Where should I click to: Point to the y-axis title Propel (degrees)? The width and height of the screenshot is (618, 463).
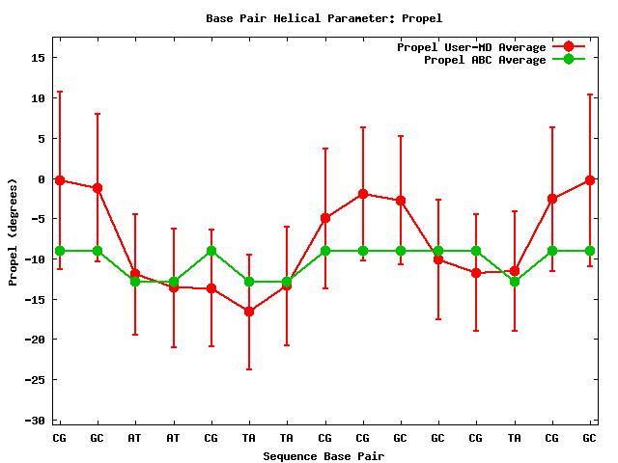point(13,231)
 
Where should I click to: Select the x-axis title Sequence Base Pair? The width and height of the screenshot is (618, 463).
point(324,455)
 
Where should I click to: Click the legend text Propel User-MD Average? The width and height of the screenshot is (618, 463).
point(471,47)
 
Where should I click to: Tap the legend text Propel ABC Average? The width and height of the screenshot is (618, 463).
point(485,60)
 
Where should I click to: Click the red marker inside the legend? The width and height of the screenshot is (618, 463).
point(569,47)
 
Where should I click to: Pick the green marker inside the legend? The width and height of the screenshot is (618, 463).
point(569,60)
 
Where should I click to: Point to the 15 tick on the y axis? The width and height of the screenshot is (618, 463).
point(39,58)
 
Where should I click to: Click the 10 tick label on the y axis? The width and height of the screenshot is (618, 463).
point(39,98)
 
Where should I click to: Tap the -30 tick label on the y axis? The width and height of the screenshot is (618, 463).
point(36,421)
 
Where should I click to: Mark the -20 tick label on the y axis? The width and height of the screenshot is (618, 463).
point(36,340)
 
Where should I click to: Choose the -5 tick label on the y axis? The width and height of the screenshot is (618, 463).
point(39,219)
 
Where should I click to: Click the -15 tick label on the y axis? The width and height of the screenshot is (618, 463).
point(36,300)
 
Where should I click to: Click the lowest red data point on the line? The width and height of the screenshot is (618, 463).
point(249,312)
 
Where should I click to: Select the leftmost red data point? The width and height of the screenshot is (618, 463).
point(60,180)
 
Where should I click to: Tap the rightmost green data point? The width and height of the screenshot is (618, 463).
point(590,251)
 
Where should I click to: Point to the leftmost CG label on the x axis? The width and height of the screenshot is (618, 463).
point(60,438)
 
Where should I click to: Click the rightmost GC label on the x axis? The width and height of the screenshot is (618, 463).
point(590,438)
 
